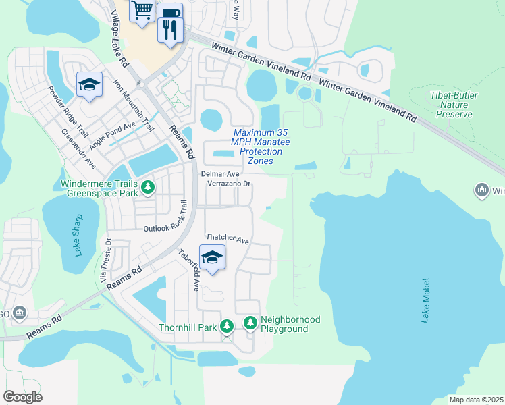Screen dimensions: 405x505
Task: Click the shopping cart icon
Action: click(142, 11)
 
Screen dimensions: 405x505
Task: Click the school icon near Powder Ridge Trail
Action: click(89, 85)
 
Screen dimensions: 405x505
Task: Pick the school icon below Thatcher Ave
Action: click(212, 258)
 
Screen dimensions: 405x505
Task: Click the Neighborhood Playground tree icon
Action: click(250, 324)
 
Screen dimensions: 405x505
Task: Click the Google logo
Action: click(22, 396)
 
